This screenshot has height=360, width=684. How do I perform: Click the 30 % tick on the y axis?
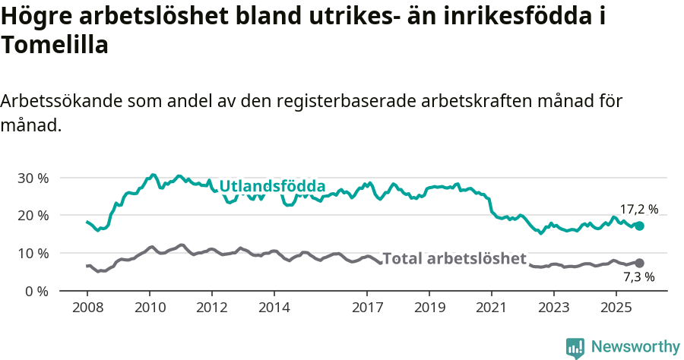coord(33,178)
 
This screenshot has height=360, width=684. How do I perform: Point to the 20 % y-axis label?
coord(33,216)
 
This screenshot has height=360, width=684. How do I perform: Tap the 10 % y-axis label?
coord(33,253)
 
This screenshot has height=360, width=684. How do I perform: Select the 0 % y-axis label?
coord(36,291)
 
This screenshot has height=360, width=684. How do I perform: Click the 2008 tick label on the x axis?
coord(87,308)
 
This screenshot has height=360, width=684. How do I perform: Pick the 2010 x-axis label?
coord(149,308)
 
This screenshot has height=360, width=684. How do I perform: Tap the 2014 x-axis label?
coord(274,308)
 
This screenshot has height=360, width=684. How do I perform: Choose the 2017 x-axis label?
coord(367,308)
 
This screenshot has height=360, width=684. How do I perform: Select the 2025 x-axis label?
coord(616,308)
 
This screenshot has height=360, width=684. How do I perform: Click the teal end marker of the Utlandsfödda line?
coord(639,226)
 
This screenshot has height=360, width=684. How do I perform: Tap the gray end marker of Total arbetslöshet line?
coord(639,263)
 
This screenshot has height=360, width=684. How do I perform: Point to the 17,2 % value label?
coord(639,209)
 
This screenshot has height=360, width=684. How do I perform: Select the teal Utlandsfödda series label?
coord(272,187)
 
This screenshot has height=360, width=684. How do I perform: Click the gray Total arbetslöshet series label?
coord(454,259)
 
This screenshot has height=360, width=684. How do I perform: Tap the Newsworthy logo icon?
coord(575,348)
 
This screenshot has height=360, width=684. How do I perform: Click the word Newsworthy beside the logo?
coord(635,347)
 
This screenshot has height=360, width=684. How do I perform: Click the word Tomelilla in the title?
coord(55,45)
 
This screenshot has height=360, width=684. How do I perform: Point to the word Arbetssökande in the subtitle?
coord(61,101)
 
